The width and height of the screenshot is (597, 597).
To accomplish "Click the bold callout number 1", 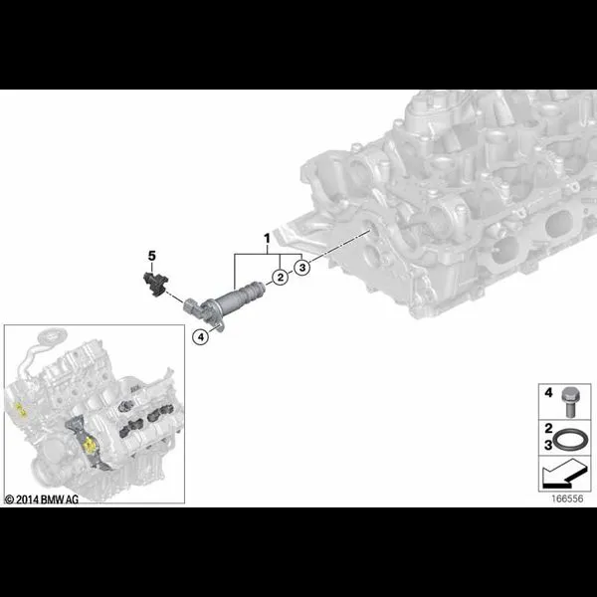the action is [x=267, y=239].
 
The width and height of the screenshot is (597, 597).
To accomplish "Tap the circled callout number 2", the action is [x=281, y=277].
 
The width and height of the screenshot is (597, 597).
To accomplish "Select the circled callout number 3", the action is [x=302, y=268].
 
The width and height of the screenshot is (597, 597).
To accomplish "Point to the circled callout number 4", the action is [x=201, y=336].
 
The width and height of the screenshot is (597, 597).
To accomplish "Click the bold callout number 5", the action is [x=152, y=256].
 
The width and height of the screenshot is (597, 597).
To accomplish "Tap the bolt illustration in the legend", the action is [x=569, y=402].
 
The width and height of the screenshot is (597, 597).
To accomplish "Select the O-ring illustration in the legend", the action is [x=570, y=440].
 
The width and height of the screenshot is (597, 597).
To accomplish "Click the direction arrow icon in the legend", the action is [x=565, y=474].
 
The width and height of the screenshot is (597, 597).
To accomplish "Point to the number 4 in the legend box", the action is [x=548, y=393].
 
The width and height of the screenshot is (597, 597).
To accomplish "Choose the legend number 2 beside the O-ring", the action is [x=548, y=429].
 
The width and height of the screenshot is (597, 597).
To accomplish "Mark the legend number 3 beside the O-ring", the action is [x=548, y=445].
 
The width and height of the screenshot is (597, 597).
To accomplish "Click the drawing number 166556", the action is [x=567, y=498].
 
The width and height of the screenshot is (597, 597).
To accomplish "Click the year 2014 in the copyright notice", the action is [x=28, y=499].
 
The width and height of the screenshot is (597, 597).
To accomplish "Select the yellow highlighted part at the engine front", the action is [x=90, y=445].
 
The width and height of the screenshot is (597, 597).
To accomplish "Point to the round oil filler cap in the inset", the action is [x=53, y=336].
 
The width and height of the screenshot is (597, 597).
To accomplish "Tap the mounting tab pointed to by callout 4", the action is [x=219, y=327].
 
